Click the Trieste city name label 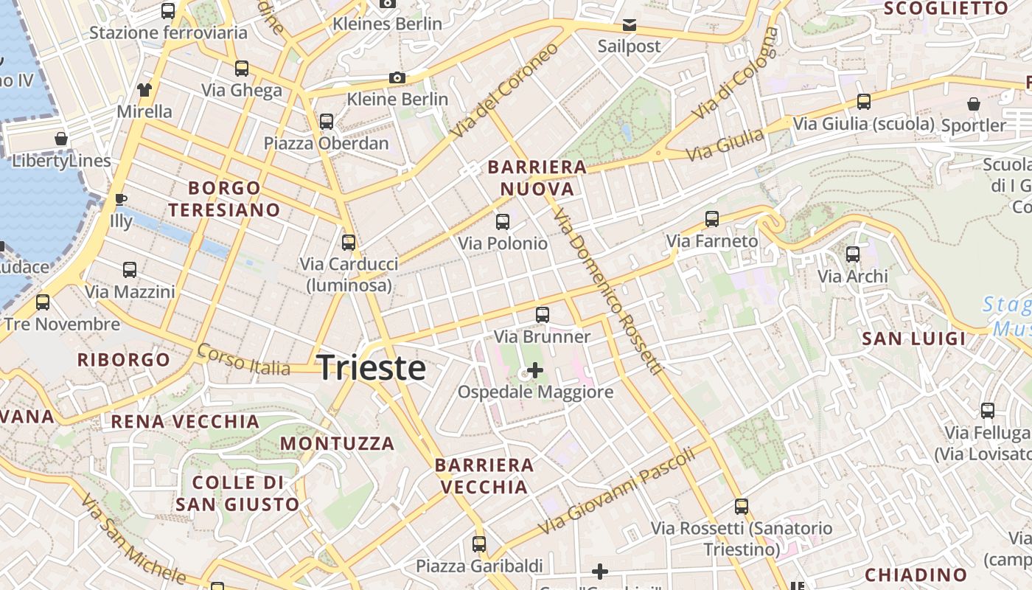372,368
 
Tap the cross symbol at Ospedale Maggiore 535,370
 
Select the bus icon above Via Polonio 503,221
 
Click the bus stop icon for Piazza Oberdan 327,122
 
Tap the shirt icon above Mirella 144,90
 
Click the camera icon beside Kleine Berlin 397,78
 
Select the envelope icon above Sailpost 630,26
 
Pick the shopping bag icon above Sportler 974,104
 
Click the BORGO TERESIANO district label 224,199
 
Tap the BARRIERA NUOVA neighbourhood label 537,178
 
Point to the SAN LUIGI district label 914,339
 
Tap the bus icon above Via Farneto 712,219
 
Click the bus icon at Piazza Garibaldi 479,544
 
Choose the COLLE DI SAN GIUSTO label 237,493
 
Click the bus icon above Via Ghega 242,69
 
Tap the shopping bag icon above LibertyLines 61,139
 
